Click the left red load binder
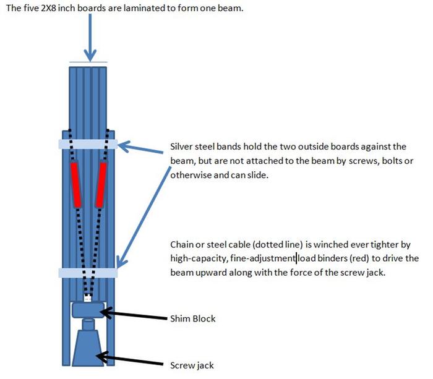(76, 184)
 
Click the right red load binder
(101, 184)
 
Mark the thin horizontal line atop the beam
(88, 62)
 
